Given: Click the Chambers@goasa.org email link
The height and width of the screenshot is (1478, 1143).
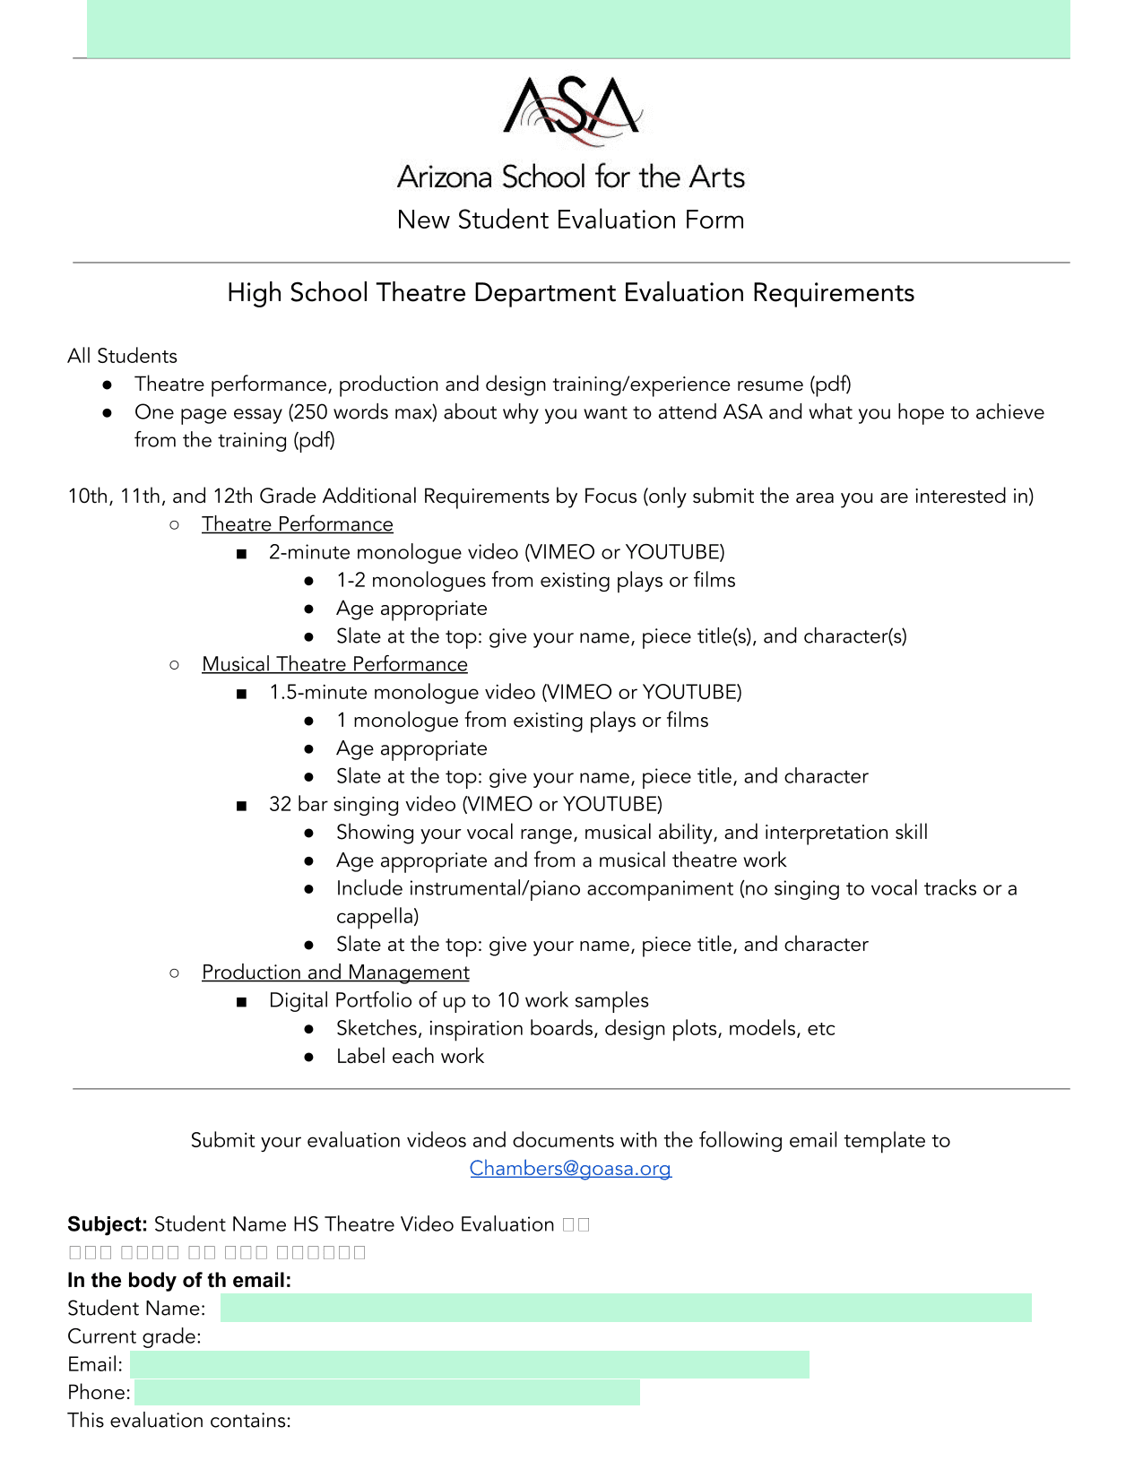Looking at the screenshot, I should (x=570, y=1169).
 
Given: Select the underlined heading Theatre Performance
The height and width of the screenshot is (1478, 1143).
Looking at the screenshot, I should (x=297, y=524).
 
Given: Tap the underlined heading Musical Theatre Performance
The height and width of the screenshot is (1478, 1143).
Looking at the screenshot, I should (x=334, y=664).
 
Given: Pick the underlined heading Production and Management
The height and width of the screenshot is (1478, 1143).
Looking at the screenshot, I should (x=335, y=972).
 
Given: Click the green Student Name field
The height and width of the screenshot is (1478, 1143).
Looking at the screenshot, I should (x=625, y=1308).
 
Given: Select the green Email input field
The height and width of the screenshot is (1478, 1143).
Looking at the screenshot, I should (x=469, y=1364).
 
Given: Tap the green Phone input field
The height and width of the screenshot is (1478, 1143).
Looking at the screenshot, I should (x=386, y=1392).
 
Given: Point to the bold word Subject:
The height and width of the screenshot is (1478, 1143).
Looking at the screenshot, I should (x=108, y=1224).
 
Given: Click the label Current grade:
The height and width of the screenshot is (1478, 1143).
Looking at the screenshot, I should (x=134, y=1336).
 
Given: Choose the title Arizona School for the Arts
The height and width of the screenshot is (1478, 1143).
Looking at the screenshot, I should (x=571, y=177).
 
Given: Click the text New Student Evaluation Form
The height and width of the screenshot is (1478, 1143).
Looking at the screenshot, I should (x=571, y=220).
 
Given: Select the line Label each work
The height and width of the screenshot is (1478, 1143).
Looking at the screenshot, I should (x=410, y=1057).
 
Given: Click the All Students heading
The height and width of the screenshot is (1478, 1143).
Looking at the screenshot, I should (x=123, y=356).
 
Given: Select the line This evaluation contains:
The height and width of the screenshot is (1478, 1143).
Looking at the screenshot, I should (x=179, y=1421).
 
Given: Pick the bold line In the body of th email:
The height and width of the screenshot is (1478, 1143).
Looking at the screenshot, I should (x=179, y=1280).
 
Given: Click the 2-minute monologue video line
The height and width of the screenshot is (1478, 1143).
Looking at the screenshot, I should (x=497, y=552).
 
